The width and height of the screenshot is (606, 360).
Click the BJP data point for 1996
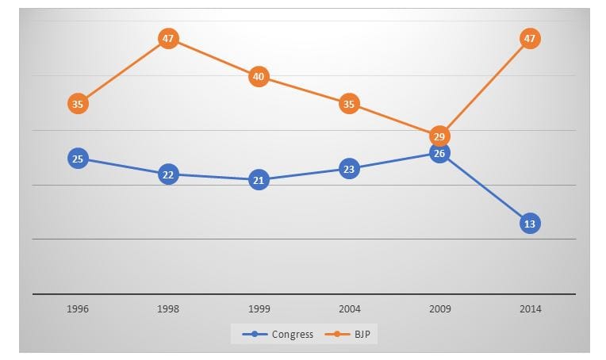(77, 103)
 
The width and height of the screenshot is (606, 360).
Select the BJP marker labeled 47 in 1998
(167, 38)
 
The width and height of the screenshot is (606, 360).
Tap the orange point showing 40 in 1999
(259, 77)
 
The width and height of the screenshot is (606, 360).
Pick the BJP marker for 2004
(349, 103)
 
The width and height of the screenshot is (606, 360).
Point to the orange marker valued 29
(439, 136)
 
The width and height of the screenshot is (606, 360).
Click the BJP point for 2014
(531, 38)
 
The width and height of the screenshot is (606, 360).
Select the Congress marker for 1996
(77, 159)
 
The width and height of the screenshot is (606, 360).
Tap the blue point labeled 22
(167, 174)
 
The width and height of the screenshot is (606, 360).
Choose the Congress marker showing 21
(259, 180)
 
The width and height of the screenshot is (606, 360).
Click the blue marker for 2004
(349, 168)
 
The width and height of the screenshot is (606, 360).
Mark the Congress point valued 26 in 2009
(439, 152)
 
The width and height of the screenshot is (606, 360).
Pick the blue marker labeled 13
(531, 224)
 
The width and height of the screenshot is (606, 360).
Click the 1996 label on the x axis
(77, 308)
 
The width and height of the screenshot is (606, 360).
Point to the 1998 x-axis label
(167, 308)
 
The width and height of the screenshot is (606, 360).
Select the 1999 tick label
(259, 308)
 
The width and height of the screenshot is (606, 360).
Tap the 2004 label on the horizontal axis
(349, 308)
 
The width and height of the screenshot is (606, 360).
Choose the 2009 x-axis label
(439, 308)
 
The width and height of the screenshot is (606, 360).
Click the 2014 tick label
(531, 308)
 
